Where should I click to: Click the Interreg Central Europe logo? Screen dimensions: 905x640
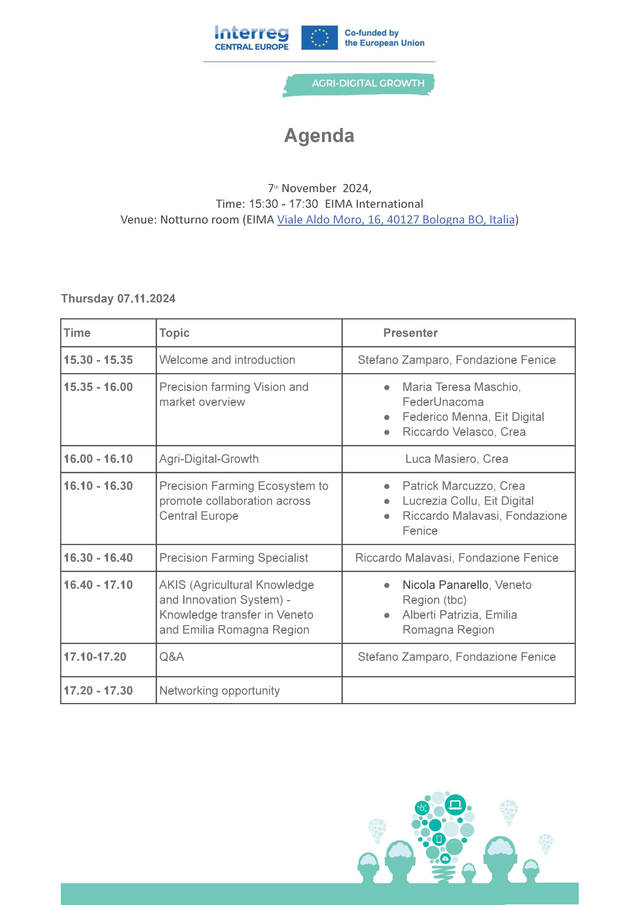(251, 38)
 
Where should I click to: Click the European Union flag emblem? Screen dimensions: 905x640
(319, 38)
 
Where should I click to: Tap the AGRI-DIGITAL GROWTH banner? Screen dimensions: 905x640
(368, 84)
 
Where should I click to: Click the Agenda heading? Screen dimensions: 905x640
(319, 136)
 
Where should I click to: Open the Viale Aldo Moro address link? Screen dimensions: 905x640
(396, 220)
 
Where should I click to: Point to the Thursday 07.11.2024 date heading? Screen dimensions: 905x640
(118, 298)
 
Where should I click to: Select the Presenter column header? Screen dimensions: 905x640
(410, 333)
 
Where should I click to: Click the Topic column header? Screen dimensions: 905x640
(174, 333)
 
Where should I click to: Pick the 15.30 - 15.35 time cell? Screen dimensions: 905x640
(98, 360)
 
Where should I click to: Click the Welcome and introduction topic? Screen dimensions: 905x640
(227, 360)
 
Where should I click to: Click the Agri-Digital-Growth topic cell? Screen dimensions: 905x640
(209, 459)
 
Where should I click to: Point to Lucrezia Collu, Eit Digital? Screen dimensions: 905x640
(468, 501)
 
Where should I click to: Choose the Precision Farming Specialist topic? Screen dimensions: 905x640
(233, 558)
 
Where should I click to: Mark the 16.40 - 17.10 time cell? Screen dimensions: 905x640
(98, 585)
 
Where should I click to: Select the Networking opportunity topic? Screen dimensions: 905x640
(220, 690)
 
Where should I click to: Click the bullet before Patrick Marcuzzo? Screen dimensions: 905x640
(387, 486)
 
